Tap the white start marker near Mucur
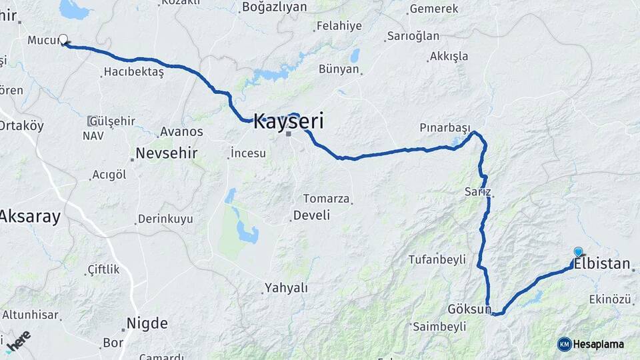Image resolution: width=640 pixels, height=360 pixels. [63, 40]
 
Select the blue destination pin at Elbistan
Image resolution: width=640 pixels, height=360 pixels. [578, 252]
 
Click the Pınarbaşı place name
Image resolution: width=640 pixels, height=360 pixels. [445, 127]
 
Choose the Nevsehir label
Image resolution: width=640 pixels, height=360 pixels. [166, 153]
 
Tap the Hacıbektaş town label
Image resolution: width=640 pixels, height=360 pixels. [133, 72]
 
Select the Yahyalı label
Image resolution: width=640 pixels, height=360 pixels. [286, 288]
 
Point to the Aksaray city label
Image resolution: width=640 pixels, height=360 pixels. [30, 216]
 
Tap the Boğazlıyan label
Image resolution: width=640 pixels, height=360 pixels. [275, 7]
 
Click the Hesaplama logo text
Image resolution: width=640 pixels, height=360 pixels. [599, 344]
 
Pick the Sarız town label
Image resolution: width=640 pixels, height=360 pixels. [478, 192]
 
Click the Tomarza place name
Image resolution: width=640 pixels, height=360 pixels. [326, 198]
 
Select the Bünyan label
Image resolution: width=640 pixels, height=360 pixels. [339, 68]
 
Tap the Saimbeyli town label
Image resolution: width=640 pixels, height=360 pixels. [439, 327]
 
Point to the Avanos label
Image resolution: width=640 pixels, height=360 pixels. [181, 132]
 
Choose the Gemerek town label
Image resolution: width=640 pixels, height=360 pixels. [433, 9]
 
